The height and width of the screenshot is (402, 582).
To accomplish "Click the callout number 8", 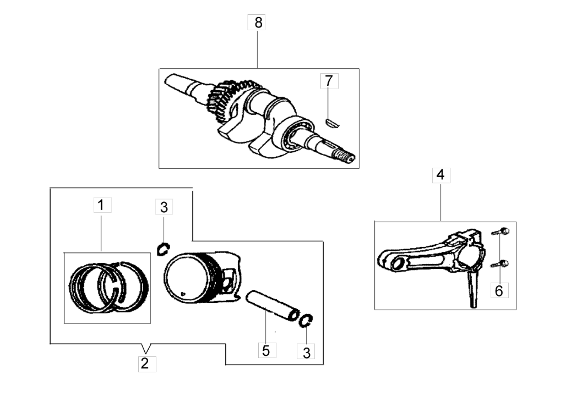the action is [257, 23].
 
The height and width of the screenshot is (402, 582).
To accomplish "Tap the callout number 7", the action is [329, 81].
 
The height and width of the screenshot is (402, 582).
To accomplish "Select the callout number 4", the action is [440, 175].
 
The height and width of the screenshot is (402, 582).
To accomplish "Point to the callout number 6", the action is [499, 290].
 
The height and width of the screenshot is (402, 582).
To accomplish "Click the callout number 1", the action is [101, 206].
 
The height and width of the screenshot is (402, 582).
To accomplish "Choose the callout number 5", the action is [266, 350].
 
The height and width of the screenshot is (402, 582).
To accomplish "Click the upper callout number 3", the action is [164, 207].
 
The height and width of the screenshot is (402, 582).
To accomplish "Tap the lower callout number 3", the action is [306, 353].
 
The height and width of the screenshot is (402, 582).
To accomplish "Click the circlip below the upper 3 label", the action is [163, 249].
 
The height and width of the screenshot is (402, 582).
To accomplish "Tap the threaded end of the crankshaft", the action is [347, 157].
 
